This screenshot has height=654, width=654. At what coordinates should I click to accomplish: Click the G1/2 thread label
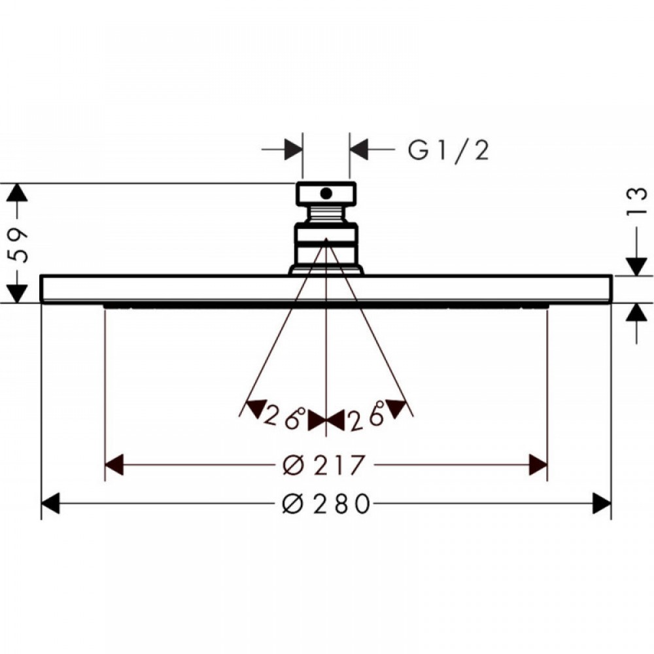(449, 150)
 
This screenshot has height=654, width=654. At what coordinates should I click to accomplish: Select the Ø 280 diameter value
(326, 503)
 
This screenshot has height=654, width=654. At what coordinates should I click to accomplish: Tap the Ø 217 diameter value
(324, 464)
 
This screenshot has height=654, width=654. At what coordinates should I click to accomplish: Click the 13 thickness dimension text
(636, 201)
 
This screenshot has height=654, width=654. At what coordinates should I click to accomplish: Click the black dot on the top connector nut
(326, 193)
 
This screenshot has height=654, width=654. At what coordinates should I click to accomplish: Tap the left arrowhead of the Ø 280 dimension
(50, 503)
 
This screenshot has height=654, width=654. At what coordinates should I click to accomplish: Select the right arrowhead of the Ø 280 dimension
(602, 503)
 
